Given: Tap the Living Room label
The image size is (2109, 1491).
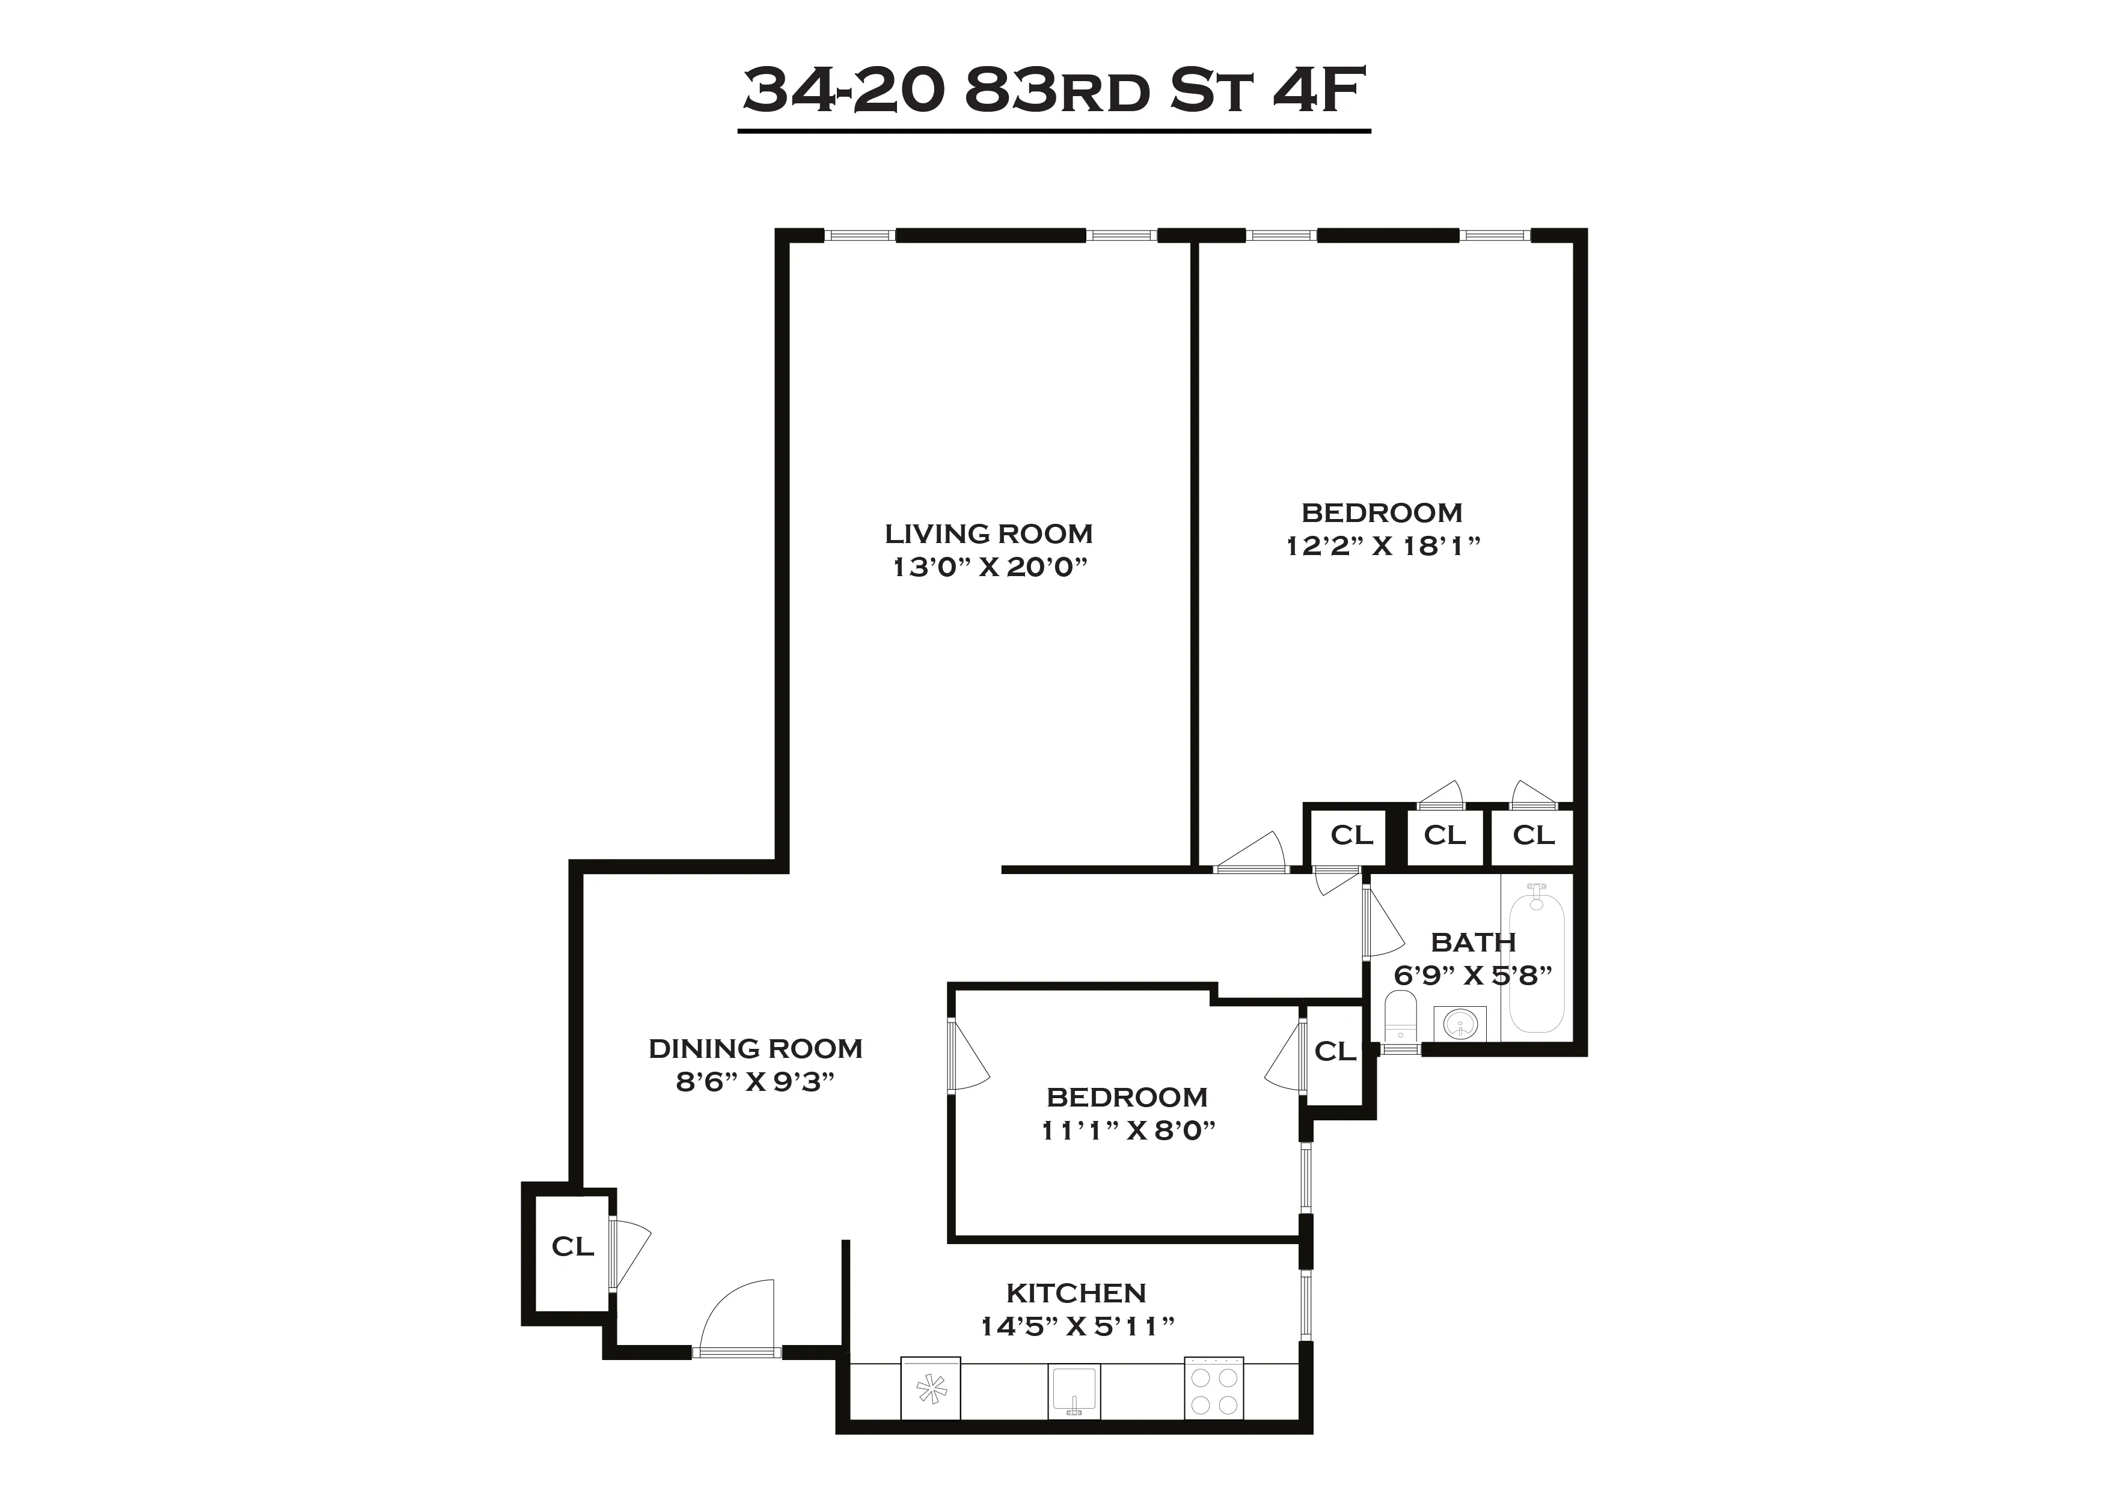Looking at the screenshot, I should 988,533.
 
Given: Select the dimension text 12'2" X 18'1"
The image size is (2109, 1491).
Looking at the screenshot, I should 1382,545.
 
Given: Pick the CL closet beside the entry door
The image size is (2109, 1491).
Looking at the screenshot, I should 572,1247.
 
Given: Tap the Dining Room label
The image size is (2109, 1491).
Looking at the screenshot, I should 755,1048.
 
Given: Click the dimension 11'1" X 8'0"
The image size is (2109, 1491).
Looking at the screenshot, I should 1127,1130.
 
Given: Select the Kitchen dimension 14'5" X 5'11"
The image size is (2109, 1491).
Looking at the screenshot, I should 1077,1326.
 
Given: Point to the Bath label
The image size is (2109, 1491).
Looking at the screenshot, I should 1472,942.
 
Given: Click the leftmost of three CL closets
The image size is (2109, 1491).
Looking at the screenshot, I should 1351,836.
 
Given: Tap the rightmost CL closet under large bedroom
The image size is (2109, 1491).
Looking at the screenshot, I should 1533,836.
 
